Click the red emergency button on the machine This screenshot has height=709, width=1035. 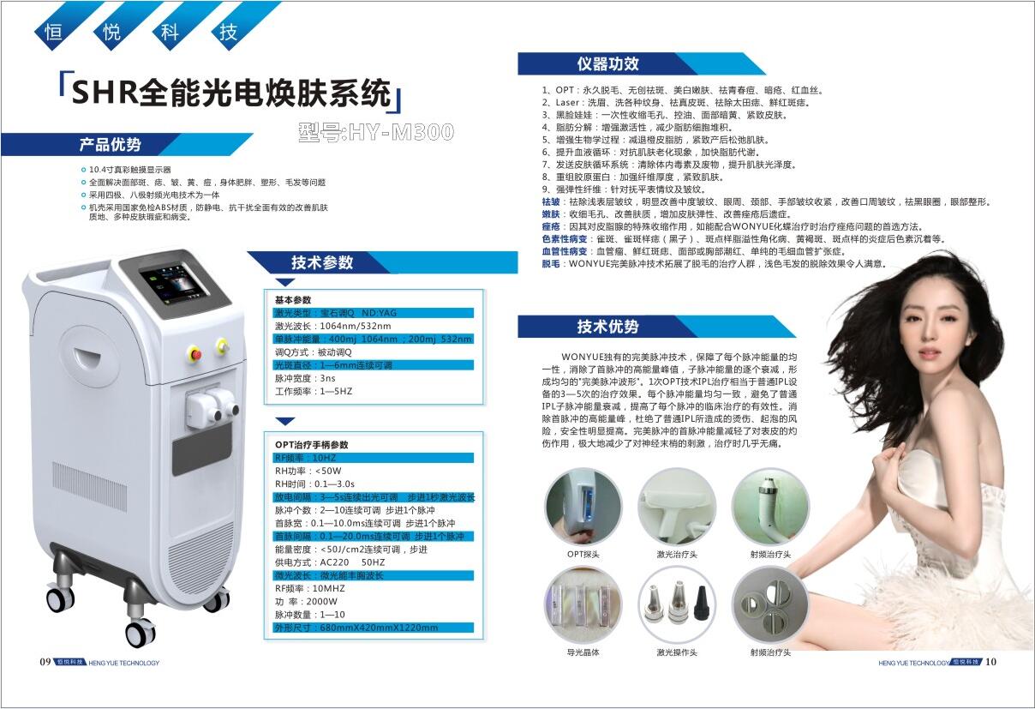(x=195, y=354)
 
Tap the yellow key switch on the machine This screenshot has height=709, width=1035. (x=223, y=345)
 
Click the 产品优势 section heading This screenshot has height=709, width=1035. (x=110, y=145)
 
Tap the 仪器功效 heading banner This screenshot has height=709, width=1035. (x=607, y=63)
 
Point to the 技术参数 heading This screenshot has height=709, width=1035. (x=322, y=262)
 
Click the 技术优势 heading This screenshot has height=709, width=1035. (x=607, y=327)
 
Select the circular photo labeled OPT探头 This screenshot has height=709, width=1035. (x=583, y=507)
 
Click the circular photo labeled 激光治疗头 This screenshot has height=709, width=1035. (x=677, y=507)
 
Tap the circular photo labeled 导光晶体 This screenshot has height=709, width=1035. (x=583, y=605)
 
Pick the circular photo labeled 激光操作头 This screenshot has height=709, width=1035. (x=677, y=605)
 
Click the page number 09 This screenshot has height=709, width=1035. (x=45, y=662)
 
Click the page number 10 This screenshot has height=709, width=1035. (x=990, y=662)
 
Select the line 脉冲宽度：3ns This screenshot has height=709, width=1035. (x=305, y=378)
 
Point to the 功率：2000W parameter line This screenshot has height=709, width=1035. (x=306, y=602)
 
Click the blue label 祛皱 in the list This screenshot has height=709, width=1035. (x=551, y=202)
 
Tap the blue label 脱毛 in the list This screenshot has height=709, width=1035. (x=551, y=264)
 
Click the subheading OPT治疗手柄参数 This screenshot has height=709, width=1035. (x=311, y=445)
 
